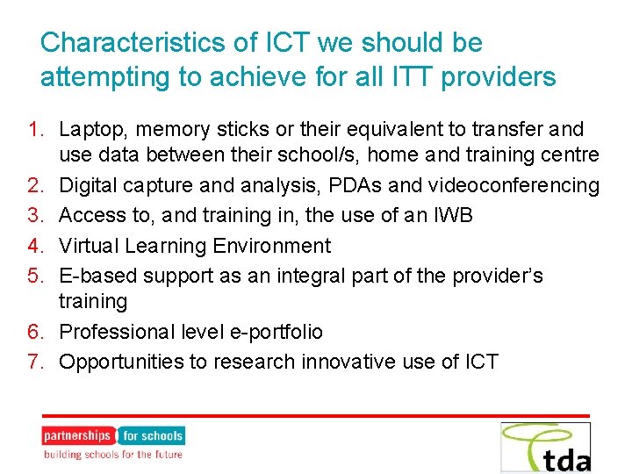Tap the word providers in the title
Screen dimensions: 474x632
(x=499, y=77)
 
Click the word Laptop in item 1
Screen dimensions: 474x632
(x=89, y=130)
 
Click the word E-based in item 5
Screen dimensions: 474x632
(x=96, y=275)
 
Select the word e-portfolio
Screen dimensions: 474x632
(x=275, y=332)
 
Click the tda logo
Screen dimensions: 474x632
(x=546, y=448)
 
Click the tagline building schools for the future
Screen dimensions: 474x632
(x=113, y=454)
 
